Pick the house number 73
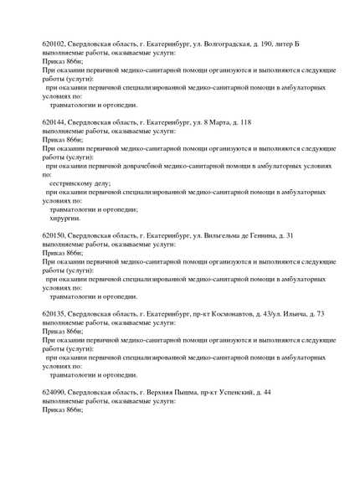[x=319, y=314]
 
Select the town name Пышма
[x=198, y=392]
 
